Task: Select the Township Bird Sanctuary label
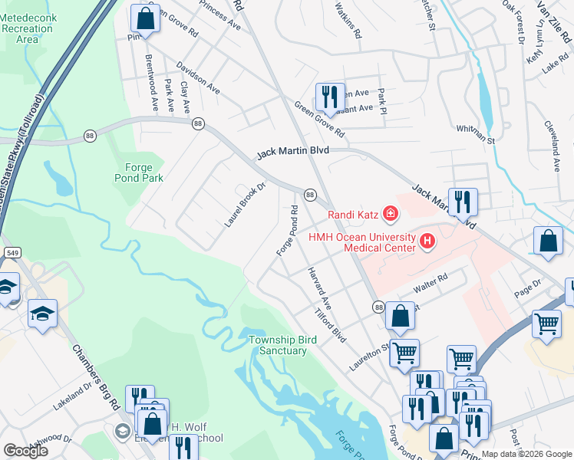point(277,345)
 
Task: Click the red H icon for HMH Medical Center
point(427,243)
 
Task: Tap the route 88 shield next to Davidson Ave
point(198,123)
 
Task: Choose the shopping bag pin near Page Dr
point(549,242)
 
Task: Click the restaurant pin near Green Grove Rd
point(330,97)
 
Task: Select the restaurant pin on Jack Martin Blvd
point(463,202)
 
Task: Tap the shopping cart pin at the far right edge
point(546,324)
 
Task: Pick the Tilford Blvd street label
point(332,325)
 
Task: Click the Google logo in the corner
point(25,450)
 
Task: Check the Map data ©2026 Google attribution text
point(526,454)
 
